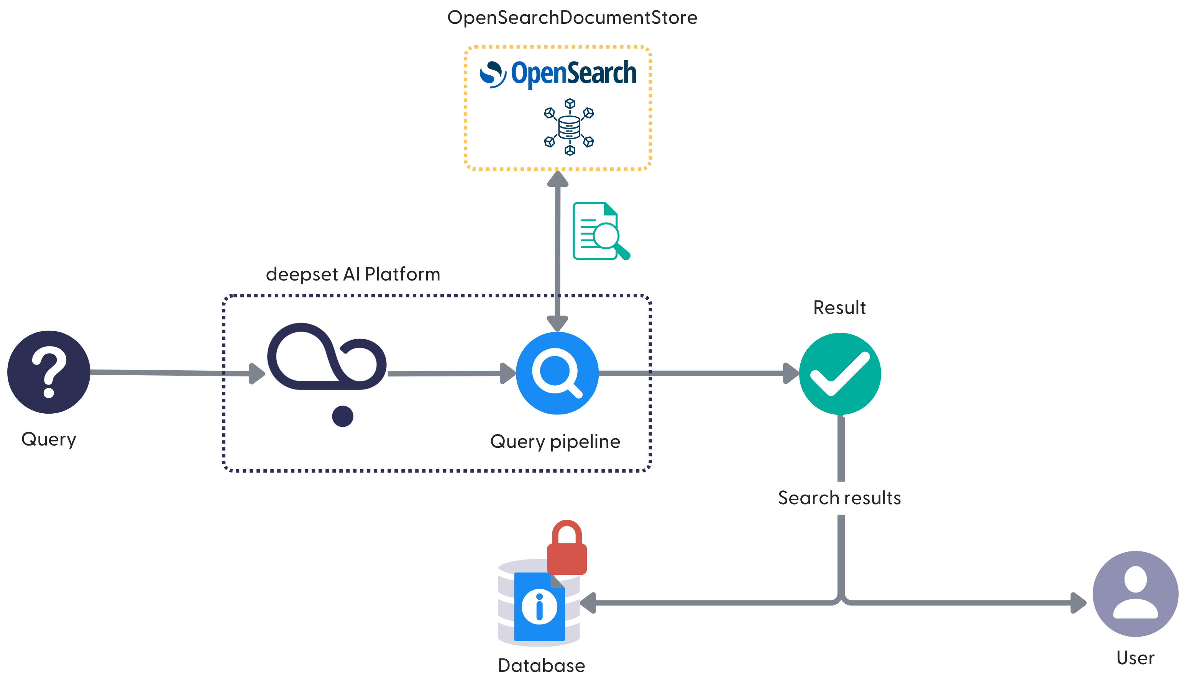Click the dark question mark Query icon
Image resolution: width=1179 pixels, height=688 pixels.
[x=49, y=372]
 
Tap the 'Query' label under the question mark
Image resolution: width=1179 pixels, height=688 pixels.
[x=49, y=439]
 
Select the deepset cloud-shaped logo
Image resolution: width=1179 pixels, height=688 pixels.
[x=326, y=357]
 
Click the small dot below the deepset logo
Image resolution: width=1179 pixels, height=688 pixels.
[x=343, y=416]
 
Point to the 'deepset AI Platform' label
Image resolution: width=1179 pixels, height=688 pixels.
[x=353, y=274]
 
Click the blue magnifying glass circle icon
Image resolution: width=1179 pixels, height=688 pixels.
[x=557, y=373]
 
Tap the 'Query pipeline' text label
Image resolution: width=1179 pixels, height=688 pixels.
[x=555, y=442]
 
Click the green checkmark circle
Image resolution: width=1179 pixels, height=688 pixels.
[x=840, y=374]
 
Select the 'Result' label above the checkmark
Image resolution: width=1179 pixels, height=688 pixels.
[x=839, y=308]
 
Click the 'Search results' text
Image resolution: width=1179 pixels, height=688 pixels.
[x=839, y=498]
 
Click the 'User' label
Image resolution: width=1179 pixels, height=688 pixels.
[x=1135, y=658]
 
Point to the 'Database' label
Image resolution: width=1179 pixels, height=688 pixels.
[x=541, y=665]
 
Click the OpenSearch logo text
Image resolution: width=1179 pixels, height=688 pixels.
[x=573, y=74]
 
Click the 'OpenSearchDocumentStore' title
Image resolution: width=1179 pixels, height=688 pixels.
[x=572, y=18]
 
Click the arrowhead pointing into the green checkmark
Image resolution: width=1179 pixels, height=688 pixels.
[x=791, y=373]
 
